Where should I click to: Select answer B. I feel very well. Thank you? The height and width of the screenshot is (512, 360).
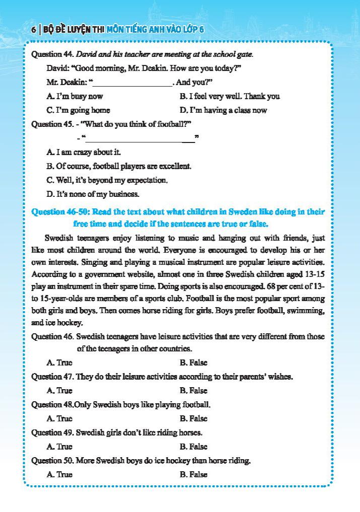click(230, 96)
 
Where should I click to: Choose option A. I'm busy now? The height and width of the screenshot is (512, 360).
click(75, 96)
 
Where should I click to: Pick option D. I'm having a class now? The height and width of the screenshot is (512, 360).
click(223, 110)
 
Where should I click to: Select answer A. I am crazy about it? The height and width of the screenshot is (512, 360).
click(84, 152)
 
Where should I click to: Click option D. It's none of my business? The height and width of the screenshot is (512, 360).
click(93, 194)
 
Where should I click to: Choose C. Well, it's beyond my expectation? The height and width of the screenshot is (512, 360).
click(107, 180)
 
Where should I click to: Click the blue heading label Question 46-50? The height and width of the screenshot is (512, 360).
click(60, 212)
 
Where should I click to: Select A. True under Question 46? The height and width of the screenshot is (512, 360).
click(59, 362)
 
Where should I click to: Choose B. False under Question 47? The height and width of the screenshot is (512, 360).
click(193, 391)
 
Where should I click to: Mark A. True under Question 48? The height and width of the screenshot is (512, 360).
click(59, 418)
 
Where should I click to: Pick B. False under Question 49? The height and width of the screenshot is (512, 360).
click(193, 447)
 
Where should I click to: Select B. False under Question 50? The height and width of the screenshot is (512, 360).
click(193, 474)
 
